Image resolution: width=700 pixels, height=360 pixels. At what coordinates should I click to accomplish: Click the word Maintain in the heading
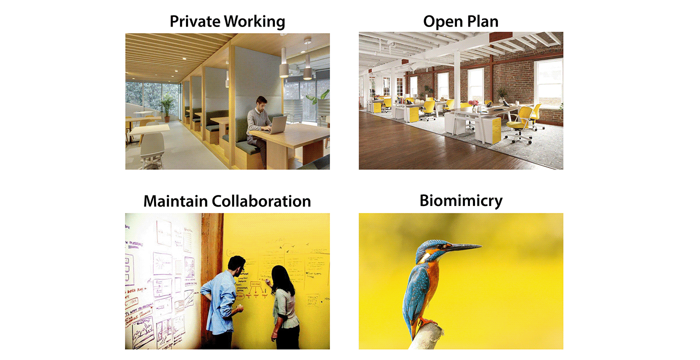click(x=175, y=201)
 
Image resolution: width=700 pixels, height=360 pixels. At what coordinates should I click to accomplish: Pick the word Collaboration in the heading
click(x=261, y=201)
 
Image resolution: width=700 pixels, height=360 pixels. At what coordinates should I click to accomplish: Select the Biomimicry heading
click(x=460, y=201)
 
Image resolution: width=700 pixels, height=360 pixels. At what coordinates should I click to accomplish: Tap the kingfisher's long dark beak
click(x=465, y=246)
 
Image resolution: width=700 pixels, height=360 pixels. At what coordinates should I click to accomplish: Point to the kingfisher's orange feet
click(x=425, y=322)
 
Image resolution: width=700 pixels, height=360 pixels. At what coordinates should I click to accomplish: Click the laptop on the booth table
click(x=278, y=124)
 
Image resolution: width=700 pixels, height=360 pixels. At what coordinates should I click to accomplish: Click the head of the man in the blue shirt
click(x=236, y=264)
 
